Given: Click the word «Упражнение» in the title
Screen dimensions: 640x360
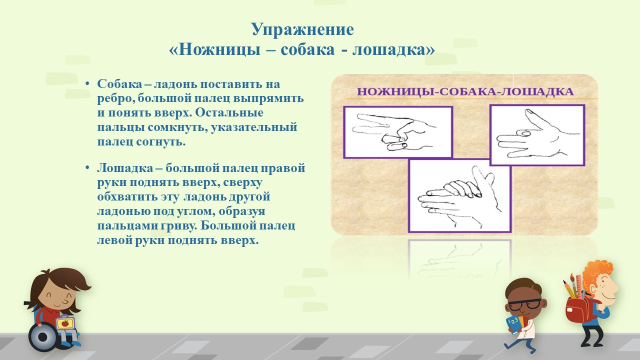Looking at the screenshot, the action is coord(302,29).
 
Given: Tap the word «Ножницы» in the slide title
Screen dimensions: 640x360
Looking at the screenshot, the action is coord(220,49).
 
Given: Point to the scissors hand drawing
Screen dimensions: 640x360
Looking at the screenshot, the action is coord(397,132).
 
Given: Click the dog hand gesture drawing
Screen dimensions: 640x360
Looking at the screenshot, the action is coord(537,135).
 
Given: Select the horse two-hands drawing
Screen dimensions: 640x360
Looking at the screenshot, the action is coord(459,195).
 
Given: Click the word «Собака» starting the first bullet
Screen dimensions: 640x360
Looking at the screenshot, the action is coord(119,84).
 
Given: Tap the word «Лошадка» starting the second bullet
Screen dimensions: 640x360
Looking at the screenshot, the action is coord(125,168).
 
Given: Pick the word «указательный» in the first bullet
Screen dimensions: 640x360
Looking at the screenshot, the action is coord(254,127).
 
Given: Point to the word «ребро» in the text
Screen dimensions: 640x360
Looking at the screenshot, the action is coord(115,99).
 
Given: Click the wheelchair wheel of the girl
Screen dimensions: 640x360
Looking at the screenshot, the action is coord(43,337).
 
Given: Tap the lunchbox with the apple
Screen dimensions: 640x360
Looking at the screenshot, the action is coord(65,323).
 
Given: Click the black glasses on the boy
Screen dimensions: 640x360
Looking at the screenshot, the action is coord(525,305).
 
